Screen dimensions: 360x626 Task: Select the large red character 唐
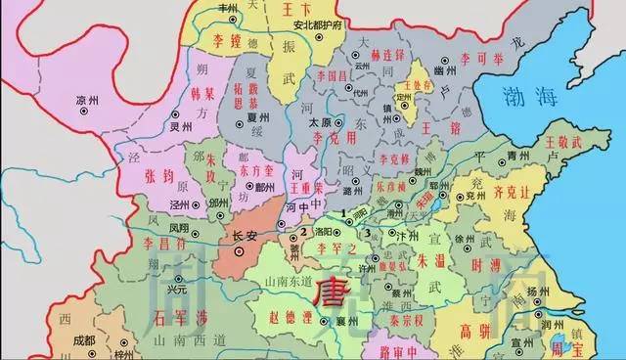point(328,292)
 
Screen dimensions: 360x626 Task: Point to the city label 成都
point(84,339)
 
